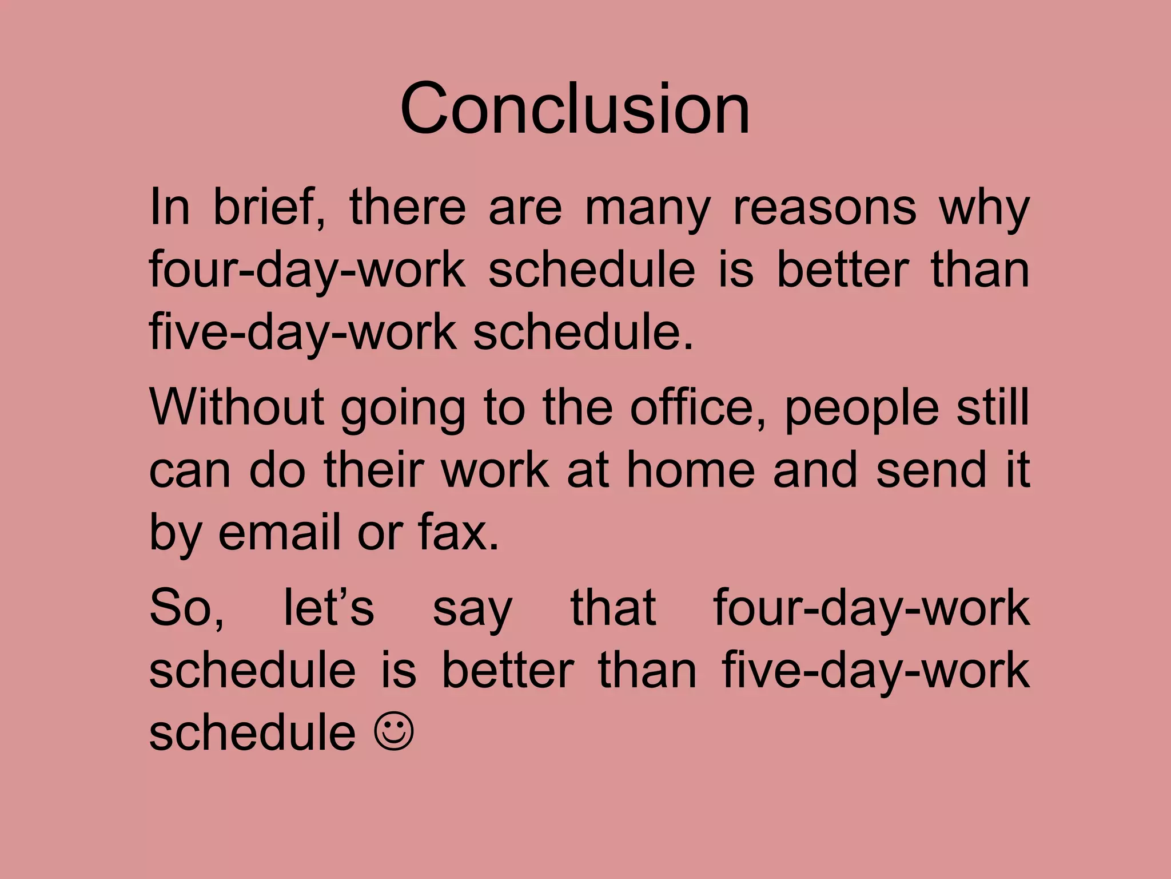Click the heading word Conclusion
click(575, 108)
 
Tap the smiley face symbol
click(394, 733)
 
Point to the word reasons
click(825, 207)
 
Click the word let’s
click(329, 607)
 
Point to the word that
click(613, 607)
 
